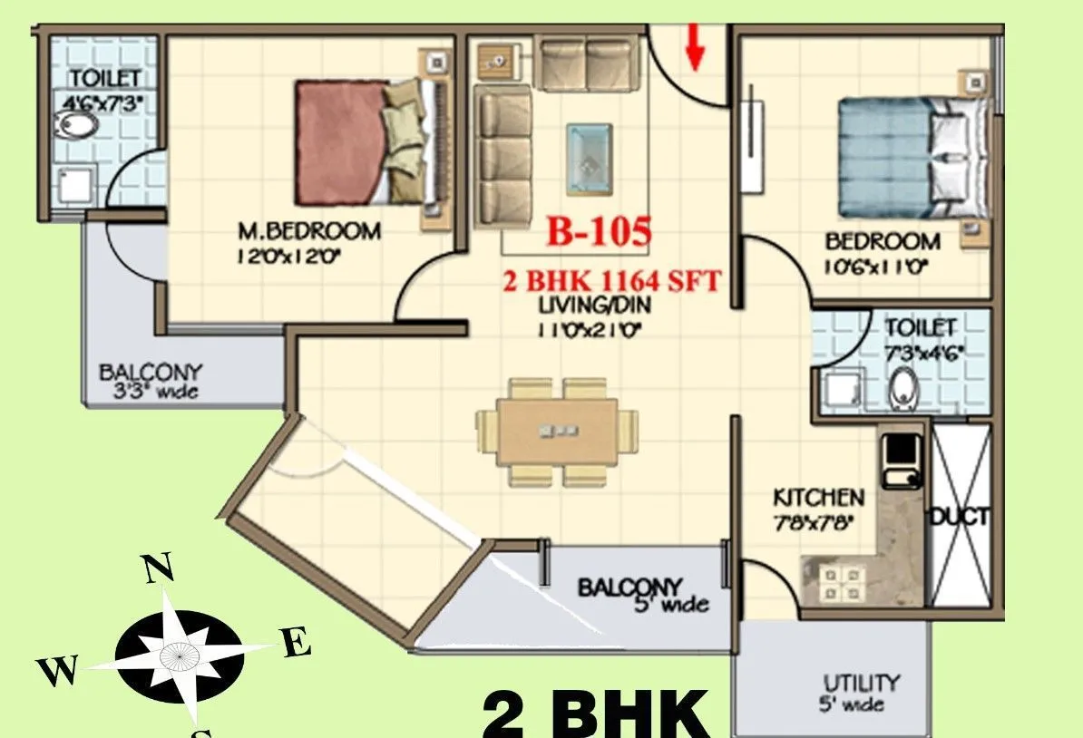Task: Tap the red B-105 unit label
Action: point(598,233)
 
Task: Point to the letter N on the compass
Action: point(158,568)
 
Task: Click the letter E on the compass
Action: point(297,645)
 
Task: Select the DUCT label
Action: point(959,519)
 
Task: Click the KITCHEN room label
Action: point(818,498)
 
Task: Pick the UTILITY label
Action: point(861,682)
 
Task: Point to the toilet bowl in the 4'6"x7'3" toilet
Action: point(70,126)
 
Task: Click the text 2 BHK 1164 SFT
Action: point(612,281)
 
